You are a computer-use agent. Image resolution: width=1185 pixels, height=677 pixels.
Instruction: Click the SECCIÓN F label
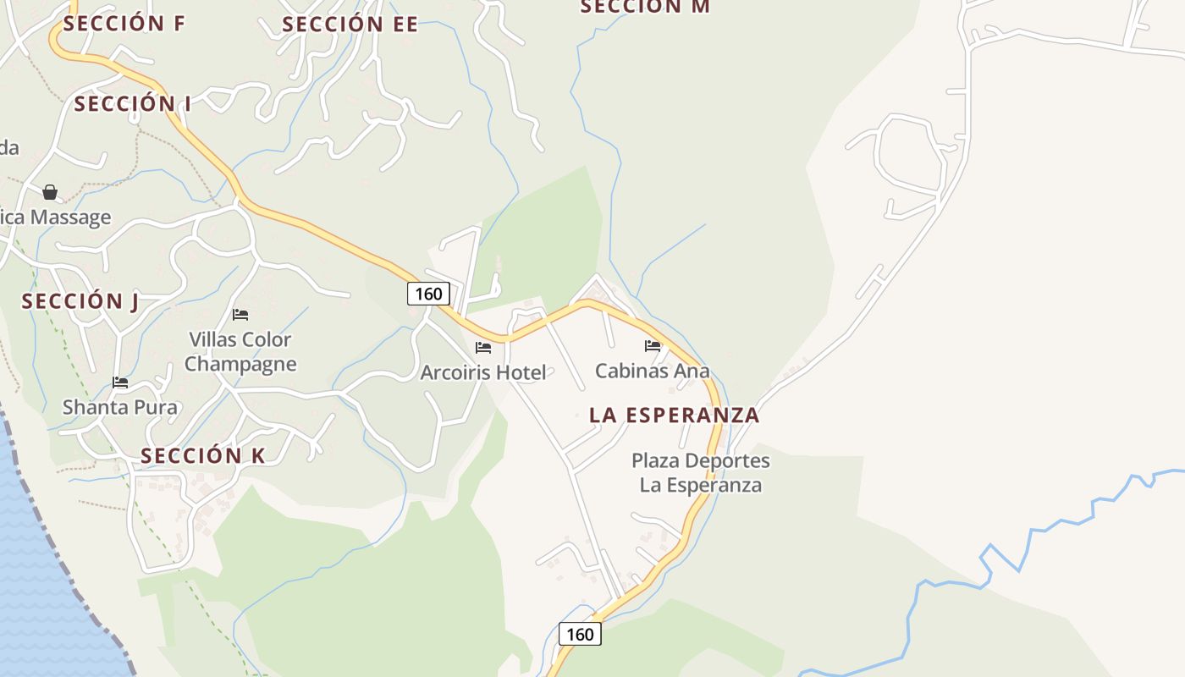click(124, 24)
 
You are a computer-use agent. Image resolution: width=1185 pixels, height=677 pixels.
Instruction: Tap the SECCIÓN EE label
click(350, 25)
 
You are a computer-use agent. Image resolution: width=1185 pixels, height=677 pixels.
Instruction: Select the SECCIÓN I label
click(132, 104)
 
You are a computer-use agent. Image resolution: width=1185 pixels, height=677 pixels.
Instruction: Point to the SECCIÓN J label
click(80, 301)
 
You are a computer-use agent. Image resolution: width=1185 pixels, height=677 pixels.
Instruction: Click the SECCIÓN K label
click(203, 456)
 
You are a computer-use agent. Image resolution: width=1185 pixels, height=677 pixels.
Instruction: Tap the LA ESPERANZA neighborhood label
click(674, 416)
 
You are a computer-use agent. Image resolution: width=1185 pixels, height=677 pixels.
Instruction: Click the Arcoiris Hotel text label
click(483, 372)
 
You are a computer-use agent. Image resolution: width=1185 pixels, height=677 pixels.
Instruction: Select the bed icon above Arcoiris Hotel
click(483, 347)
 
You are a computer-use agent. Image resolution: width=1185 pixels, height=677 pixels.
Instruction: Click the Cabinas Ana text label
click(652, 371)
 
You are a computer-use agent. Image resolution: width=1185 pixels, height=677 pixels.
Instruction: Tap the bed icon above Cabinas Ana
click(652, 345)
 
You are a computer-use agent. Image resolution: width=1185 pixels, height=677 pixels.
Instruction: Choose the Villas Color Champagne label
click(240, 352)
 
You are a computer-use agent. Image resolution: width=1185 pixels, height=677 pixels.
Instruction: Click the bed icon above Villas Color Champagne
click(240, 315)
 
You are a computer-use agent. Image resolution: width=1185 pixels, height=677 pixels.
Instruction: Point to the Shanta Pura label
click(120, 407)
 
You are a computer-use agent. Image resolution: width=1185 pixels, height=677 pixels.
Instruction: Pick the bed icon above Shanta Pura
click(120, 383)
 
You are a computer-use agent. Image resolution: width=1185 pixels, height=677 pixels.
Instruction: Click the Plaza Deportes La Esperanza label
click(701, 473)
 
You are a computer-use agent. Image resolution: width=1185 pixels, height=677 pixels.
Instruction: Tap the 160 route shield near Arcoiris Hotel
click(428, 294)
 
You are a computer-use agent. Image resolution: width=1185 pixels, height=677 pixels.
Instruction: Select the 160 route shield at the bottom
click(580, 634)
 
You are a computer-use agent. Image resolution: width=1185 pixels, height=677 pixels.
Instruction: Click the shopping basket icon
click(50, 192)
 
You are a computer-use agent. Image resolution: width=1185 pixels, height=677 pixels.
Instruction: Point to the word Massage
click(70, 217)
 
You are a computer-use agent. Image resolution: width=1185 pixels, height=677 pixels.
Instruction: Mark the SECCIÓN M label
click(645, 7)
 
